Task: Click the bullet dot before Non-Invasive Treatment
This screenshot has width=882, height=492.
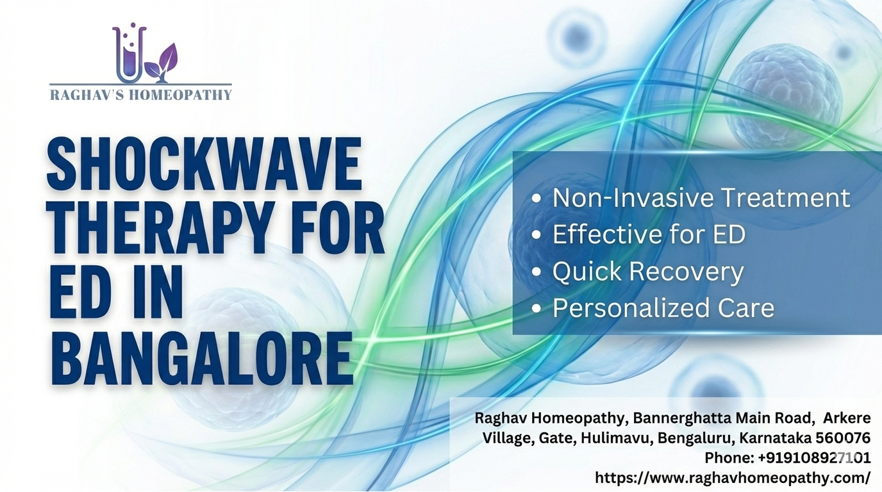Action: (x=537, y=199)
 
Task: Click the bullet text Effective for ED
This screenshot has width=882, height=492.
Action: (x=649, y=234)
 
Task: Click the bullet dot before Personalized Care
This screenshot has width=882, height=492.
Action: (x=537, y=309)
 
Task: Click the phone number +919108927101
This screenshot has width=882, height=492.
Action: (x=814, y=458)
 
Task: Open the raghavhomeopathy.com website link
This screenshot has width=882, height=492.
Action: (x=733, y=478)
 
